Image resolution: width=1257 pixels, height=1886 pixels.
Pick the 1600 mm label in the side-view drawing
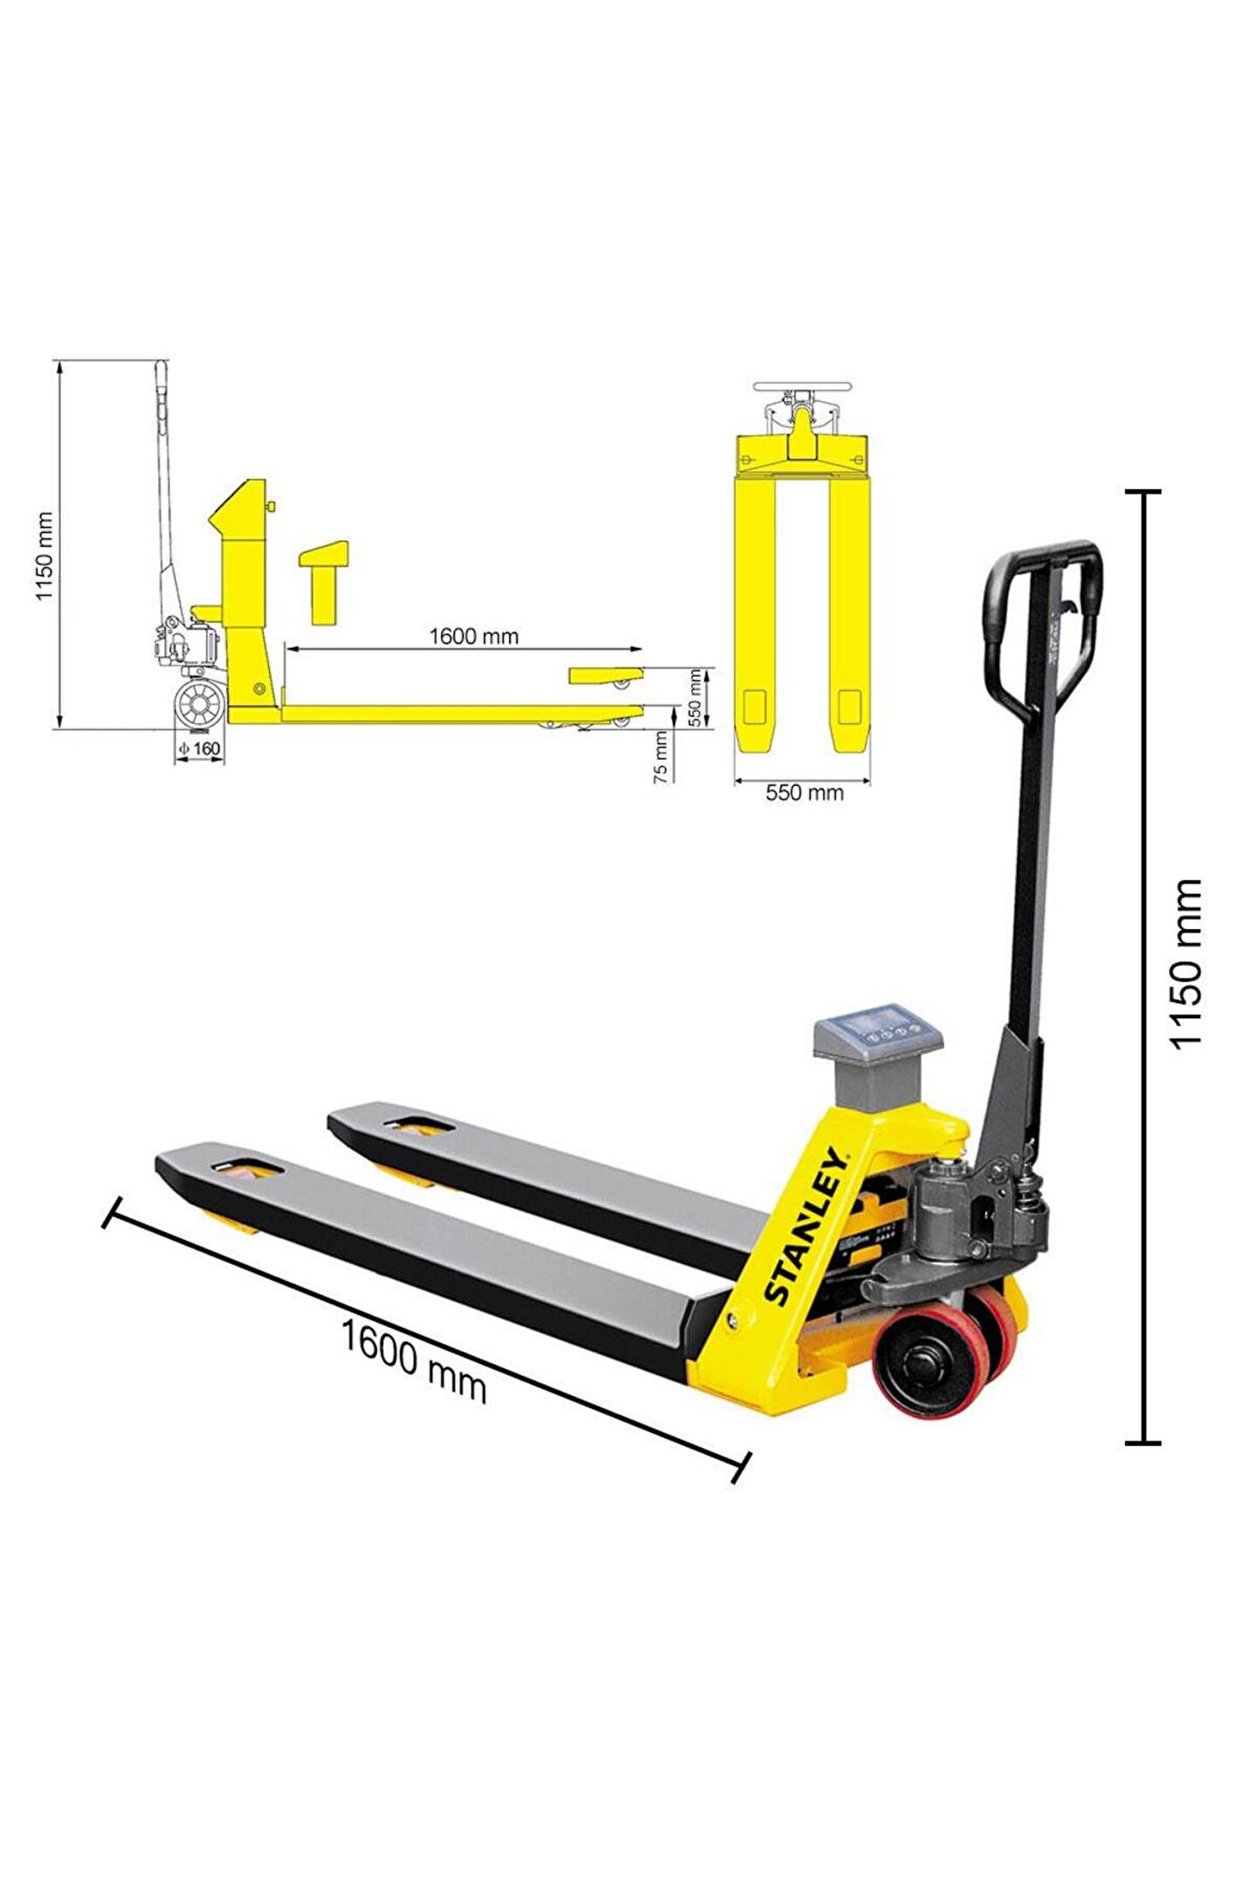click(473, 637)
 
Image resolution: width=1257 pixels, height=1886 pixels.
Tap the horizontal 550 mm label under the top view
click(804, 793)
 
